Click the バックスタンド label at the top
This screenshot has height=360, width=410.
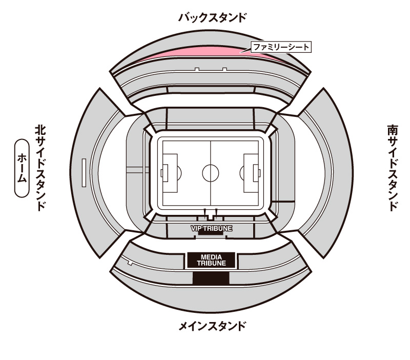pyautogui.click(x=212, y=17)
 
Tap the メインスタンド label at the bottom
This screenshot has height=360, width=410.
pyautogui.click(x=212, y=326)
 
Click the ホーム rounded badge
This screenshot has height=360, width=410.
pyautogui.click(x=22, y=168)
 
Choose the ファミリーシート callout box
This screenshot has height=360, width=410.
pyautogui.click(x=281, y=47)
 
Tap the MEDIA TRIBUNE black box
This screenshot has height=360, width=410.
pyautogui.click(x=211, y=261)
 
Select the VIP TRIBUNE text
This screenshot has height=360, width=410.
pyautogui.click(x=211, y=228)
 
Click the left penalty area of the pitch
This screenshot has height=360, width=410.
pyautogui.click(x=170, y=173)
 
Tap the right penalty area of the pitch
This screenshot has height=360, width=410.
pyautogui.click(x=251, y=173)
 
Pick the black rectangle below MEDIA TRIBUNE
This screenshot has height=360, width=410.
pyautogui.click(x=211, y=278)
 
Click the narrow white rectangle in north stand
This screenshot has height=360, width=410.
pyautogui.click(x=84, y=173)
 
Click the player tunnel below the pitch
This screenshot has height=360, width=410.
pyautogui.click(x=211, y=214)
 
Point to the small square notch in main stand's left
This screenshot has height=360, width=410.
pyautogui.click(x=130, y=263)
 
